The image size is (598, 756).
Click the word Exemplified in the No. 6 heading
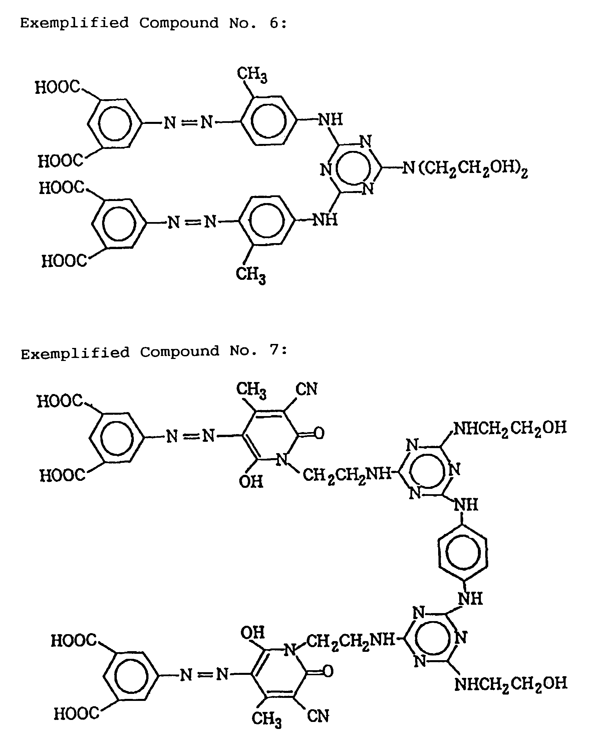tap(74, 23)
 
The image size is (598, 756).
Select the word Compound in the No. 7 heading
tap(180, 351)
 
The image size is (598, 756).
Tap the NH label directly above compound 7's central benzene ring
tap(466, 505)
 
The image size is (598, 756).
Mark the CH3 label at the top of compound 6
tap(252, 74)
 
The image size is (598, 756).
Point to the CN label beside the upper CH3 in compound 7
tap(306, 389)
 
